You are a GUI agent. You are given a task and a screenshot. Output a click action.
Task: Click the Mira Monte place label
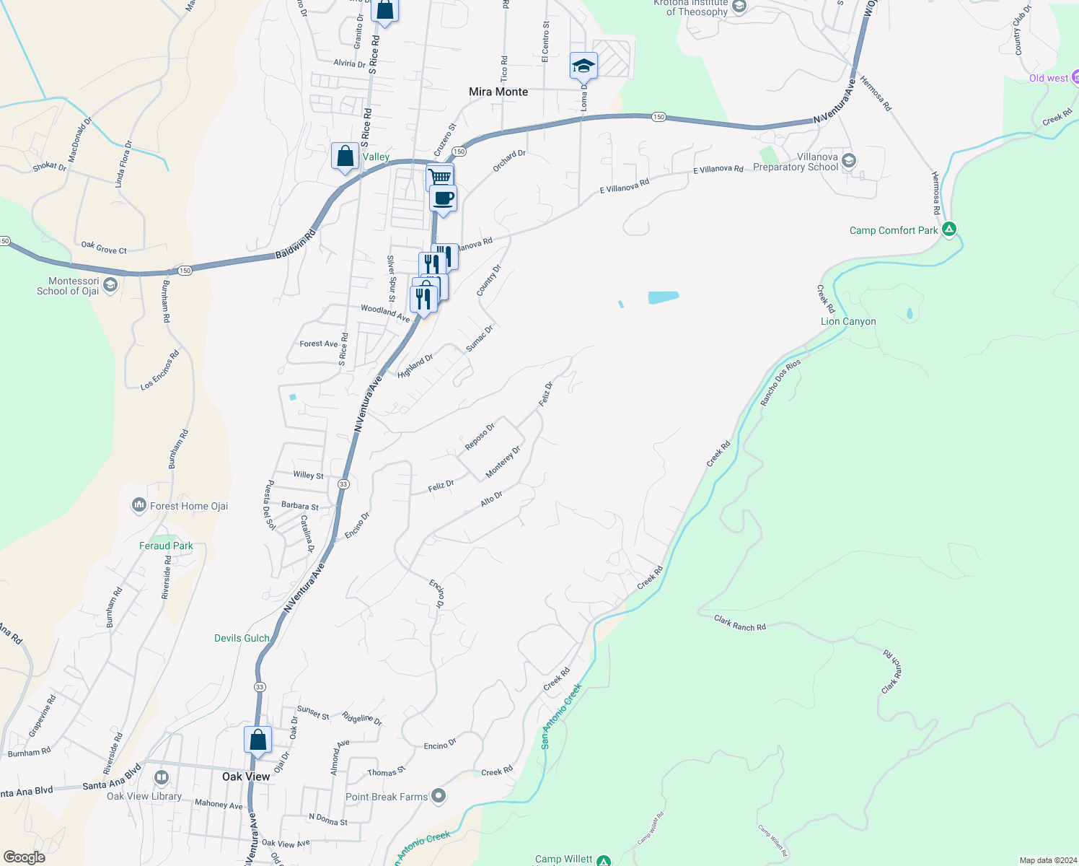tap(498, 92)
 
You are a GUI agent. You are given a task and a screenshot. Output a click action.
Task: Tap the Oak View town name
tap(246, 777)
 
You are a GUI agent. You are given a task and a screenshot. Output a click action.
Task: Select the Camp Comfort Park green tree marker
tap(950, 229)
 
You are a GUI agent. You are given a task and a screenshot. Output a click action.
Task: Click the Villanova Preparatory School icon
tap(849, 160)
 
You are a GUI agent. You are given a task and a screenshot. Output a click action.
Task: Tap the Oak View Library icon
tap(162, 777)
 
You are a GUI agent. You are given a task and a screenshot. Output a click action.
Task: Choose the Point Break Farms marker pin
tap(439, 796)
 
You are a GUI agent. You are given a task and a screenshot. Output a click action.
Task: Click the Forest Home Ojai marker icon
tap(138, 506)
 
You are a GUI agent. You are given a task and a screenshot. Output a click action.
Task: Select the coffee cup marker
tap(444, 198)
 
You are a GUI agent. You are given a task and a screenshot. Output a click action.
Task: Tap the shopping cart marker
tap(439, 177)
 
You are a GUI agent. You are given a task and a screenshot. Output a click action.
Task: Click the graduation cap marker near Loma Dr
tap(583, 66)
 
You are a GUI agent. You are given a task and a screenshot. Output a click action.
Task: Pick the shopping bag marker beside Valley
tap(345, 156)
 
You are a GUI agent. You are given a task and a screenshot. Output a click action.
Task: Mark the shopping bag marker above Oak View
tap(257, 740)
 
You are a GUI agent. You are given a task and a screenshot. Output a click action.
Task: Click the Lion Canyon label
tap(848, 321)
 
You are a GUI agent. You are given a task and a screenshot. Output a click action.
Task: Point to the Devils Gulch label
tap(242, 638)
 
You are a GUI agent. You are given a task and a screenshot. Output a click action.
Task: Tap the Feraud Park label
tap(166, 546)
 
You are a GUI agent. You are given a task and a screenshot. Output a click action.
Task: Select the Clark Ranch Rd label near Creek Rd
tap(739, 624)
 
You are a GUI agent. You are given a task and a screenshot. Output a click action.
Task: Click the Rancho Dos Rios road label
tap(780, 382)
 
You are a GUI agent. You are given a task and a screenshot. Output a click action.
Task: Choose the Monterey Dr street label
tap(503, 462)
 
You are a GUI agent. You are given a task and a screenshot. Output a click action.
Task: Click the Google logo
tap(25, 857)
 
